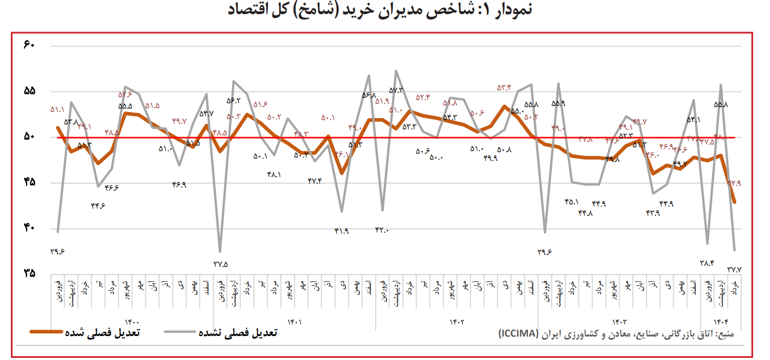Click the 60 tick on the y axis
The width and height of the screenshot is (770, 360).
pyautogui.click(x=29, y=45)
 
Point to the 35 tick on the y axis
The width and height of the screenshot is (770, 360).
pyautogui.click(x=29, y=274)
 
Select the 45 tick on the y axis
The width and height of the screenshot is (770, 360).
pyautogui.click(x=29, y=182)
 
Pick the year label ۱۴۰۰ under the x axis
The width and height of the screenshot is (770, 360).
pyautogui.click(x=133, y=322)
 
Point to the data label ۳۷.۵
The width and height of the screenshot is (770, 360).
pyautogui.click(x=220, y=264)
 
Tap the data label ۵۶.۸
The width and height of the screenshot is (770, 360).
pyautogui.click(x=369, y=95)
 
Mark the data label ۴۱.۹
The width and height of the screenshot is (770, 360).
pyautogui.click(x=341, y=231)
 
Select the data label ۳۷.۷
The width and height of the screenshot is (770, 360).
pyautogui.click(x=735, y=269)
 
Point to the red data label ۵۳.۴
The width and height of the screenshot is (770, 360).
pyautogui.click(x=504, y=87)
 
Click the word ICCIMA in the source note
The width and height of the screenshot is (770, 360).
pyautogui.click(x=518, y=333)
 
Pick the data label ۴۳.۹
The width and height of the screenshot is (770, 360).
pyautogui.click(x=653, y=213)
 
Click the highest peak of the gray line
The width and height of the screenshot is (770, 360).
pyautogui.click(x=396, y=71)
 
